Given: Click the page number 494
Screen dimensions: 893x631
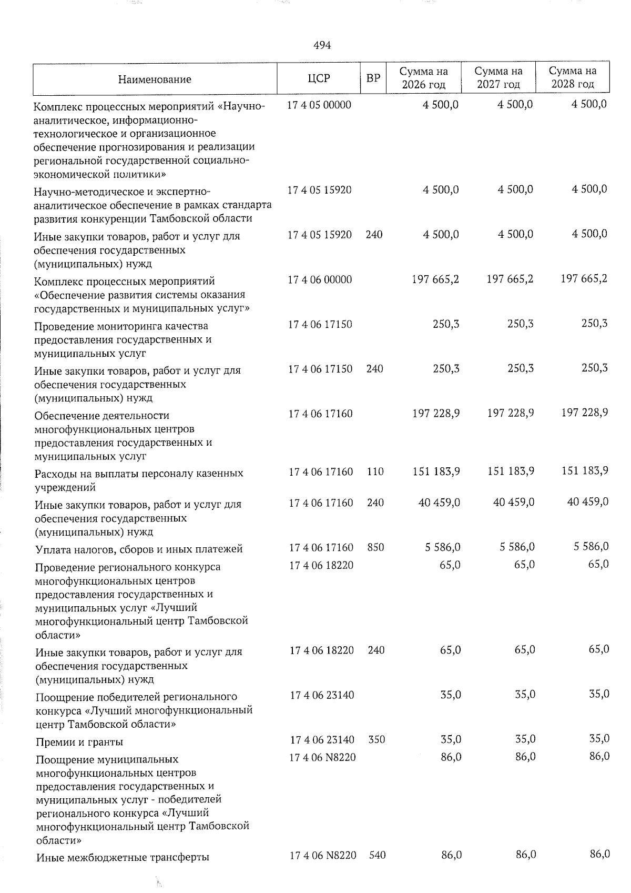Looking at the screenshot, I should [x=322, y=46].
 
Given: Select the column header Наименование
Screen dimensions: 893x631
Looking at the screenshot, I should [x=155, y=79].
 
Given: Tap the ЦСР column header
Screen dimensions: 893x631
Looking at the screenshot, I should [x=319, y=78].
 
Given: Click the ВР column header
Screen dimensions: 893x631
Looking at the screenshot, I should [x=373, y=78].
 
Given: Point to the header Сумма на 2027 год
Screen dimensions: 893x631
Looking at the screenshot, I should [x=498, y=78].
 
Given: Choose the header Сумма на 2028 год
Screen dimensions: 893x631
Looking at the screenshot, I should [x=573, y=78].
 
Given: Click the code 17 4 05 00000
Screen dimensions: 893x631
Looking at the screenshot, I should [x=319, y=105].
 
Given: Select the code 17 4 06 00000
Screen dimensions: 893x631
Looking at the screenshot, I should [x=320, y=279].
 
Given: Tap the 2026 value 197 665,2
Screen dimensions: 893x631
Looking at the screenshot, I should [x=436, y=279].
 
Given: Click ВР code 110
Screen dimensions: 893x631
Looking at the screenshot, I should [x=375, y=472].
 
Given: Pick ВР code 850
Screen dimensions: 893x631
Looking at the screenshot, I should [x=375, y=547].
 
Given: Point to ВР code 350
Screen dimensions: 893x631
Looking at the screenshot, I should [x=376, y=739].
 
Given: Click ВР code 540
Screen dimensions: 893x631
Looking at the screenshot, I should [x=377, y=856].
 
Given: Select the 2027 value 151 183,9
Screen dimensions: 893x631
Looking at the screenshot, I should [x=511, y=471].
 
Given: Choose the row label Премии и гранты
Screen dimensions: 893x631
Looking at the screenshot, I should [x=79, y=742].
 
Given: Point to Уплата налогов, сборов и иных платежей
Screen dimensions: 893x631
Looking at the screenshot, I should [x=139, y=549].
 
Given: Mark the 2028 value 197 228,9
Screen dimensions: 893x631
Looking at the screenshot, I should [x=585, y=413].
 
